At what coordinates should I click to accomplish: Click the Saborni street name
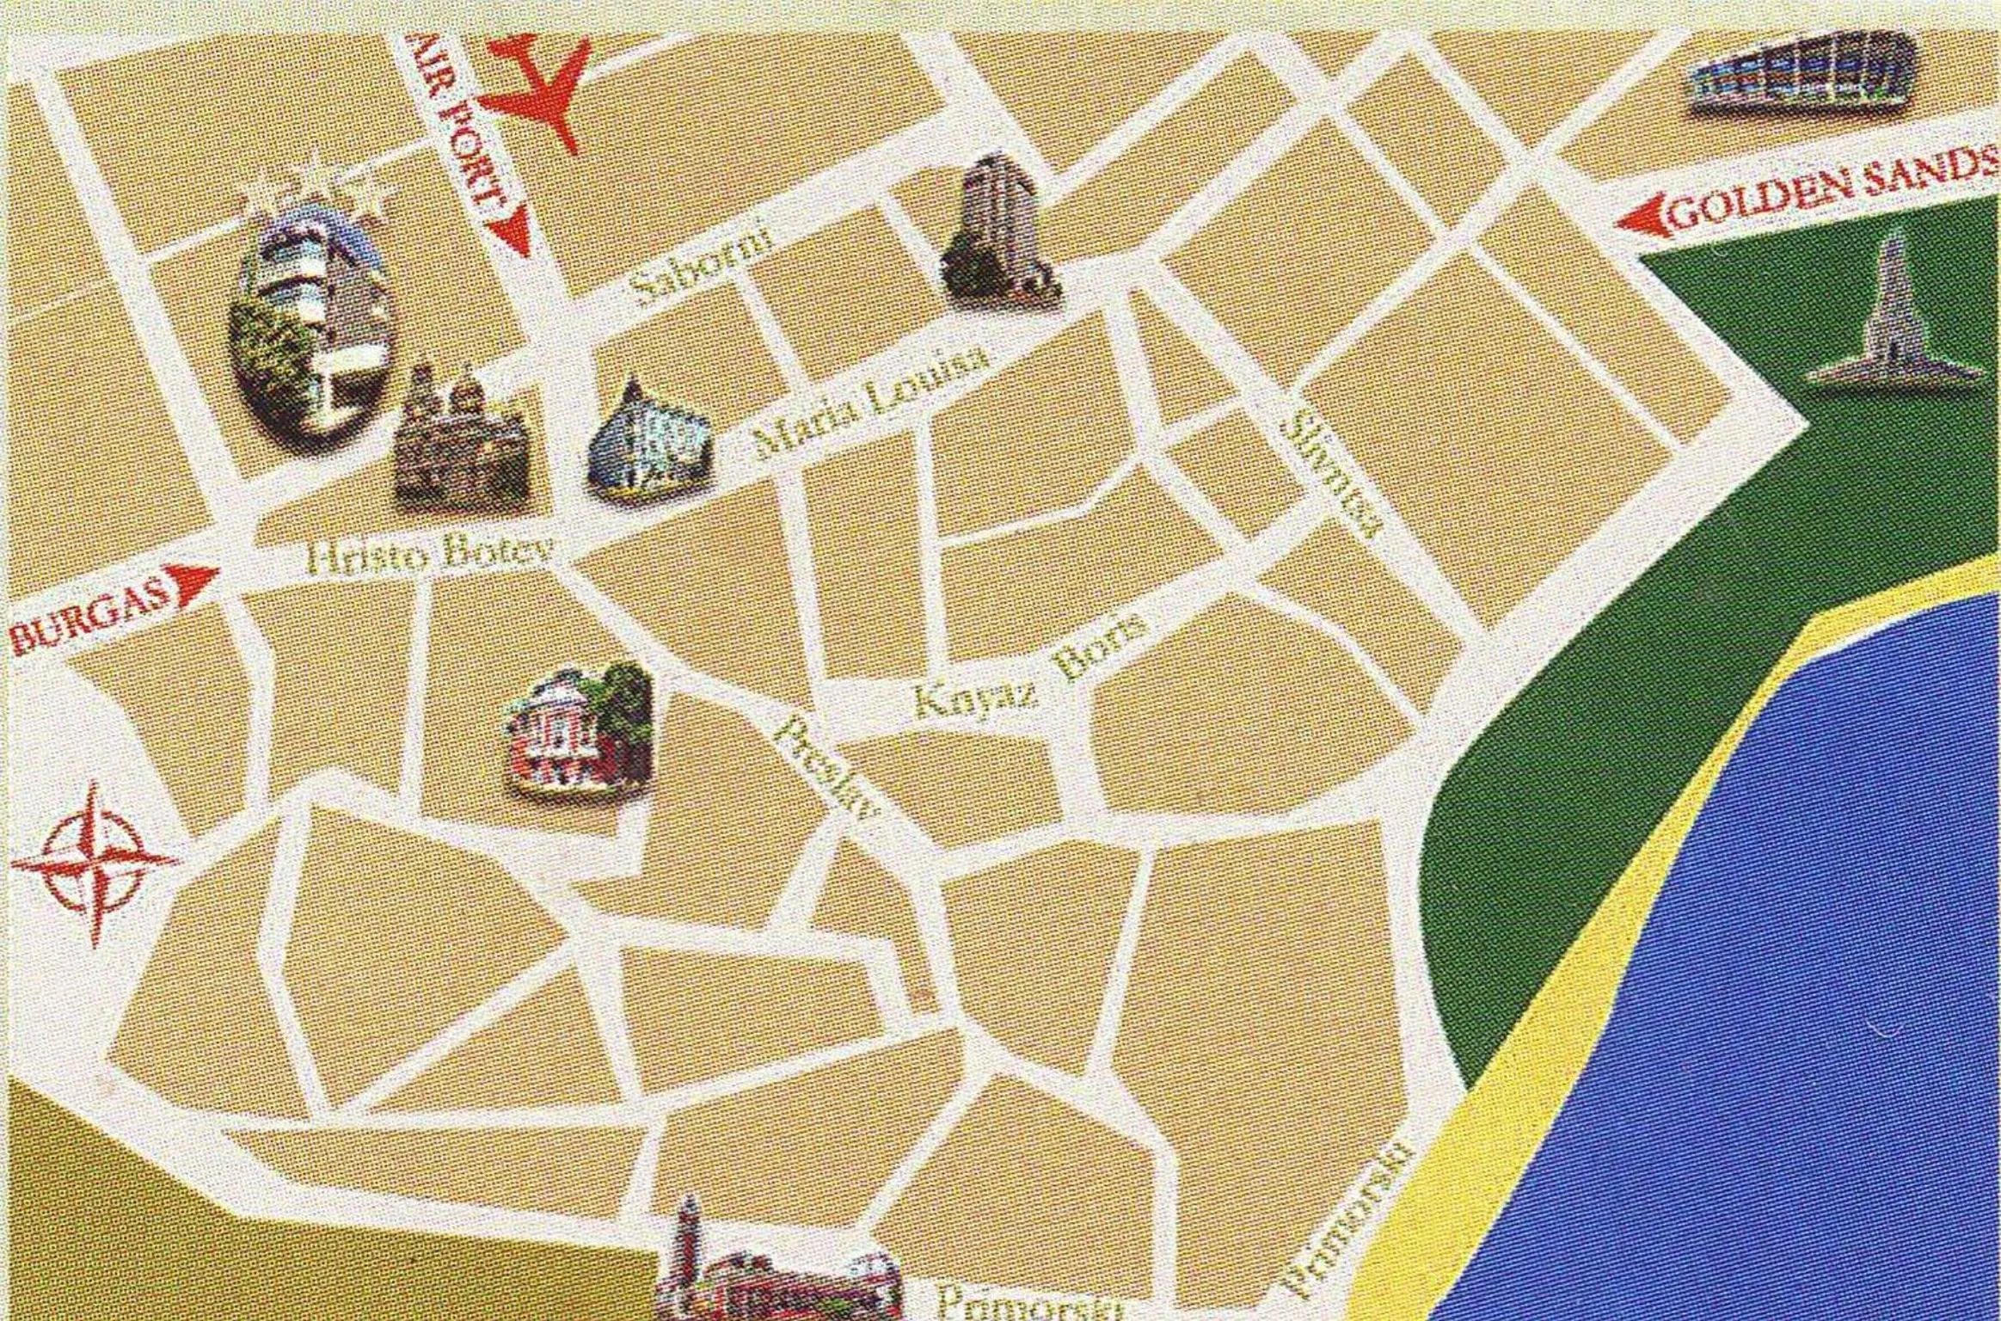701,262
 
